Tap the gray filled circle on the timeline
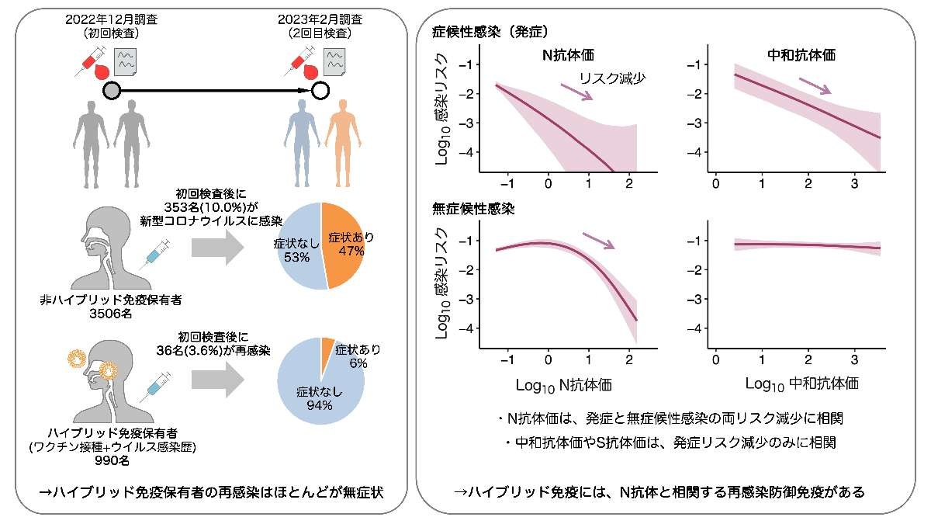click(x=111, y=91)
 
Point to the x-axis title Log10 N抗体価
click(x=563, y=384)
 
